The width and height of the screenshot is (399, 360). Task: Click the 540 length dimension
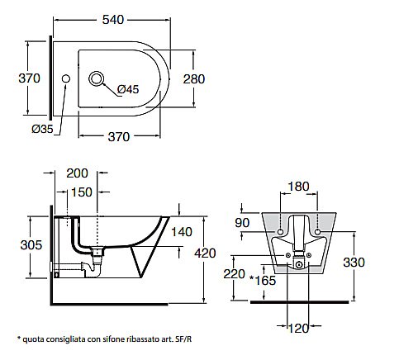coord(113,20)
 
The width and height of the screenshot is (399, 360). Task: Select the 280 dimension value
coord(194,79)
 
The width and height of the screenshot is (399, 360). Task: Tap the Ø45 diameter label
coord(128,89)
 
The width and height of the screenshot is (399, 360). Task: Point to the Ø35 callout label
coord(42,129)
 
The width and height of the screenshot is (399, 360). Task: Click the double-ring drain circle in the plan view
coord(96,78)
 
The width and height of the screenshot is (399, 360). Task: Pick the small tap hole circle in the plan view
coord(66,78)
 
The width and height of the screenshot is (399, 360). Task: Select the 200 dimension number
coord(77,173)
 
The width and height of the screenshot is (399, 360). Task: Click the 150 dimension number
coord(82,192)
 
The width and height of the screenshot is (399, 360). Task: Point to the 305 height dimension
coord(31,245)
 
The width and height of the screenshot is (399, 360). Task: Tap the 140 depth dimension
coord(182,232)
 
